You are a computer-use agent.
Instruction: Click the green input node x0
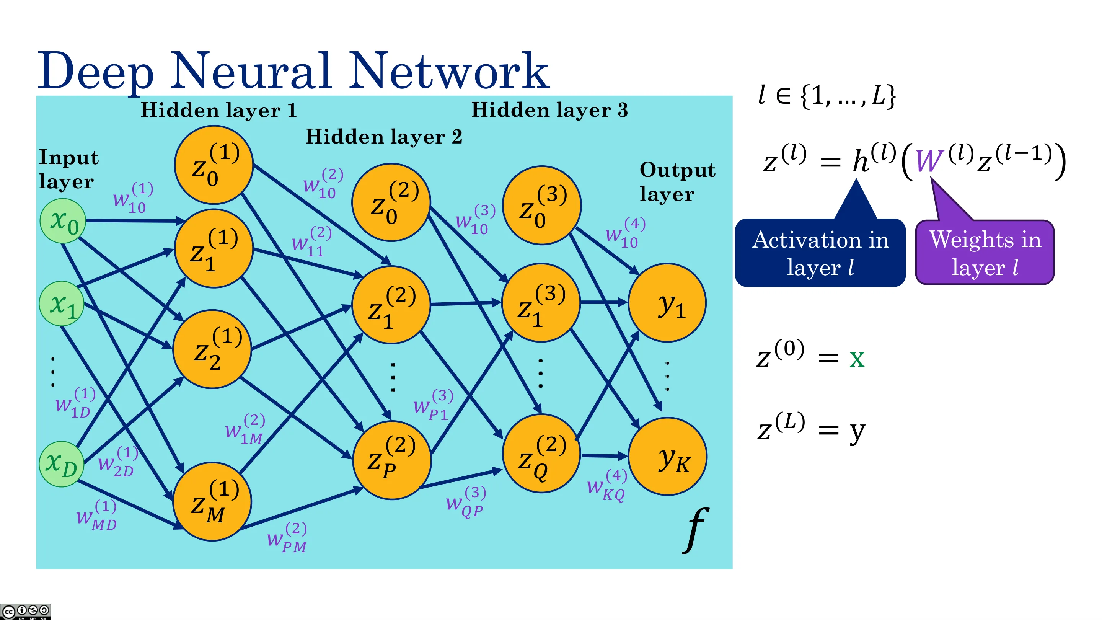(63, 221)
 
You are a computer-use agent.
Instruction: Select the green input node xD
(61, 464)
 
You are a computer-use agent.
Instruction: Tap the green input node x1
(62, 303)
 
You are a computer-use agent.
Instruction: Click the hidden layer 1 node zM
(212, 501)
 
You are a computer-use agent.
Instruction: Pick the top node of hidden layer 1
(214, 165)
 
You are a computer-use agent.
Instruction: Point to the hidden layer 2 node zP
(392, 460)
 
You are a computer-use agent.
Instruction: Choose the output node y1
(667, 302)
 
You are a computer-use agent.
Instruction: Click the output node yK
(667, 456)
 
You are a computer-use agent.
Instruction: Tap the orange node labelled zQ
(541, 454)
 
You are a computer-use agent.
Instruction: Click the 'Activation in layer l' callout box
(820, 253)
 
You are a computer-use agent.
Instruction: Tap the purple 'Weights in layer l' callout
(985, 253)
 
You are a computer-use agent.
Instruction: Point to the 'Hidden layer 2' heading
(384, 137)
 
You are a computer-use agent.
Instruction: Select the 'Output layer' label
(677, 182)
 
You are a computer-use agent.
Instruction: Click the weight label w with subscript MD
(97, 516)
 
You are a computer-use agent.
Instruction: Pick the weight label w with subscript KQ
(607, 485)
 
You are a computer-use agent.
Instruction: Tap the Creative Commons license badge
(25, 612)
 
